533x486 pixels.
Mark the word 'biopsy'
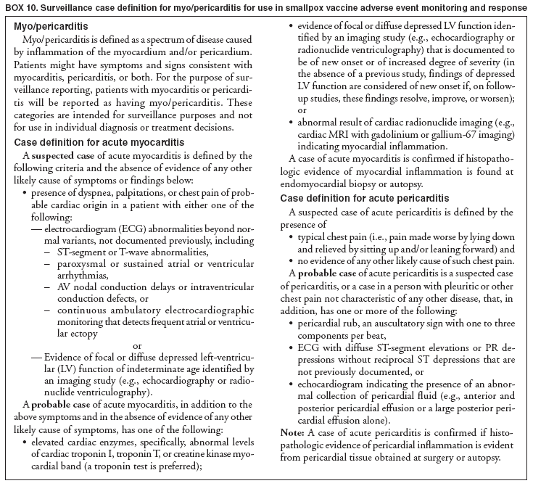[381, 184]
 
